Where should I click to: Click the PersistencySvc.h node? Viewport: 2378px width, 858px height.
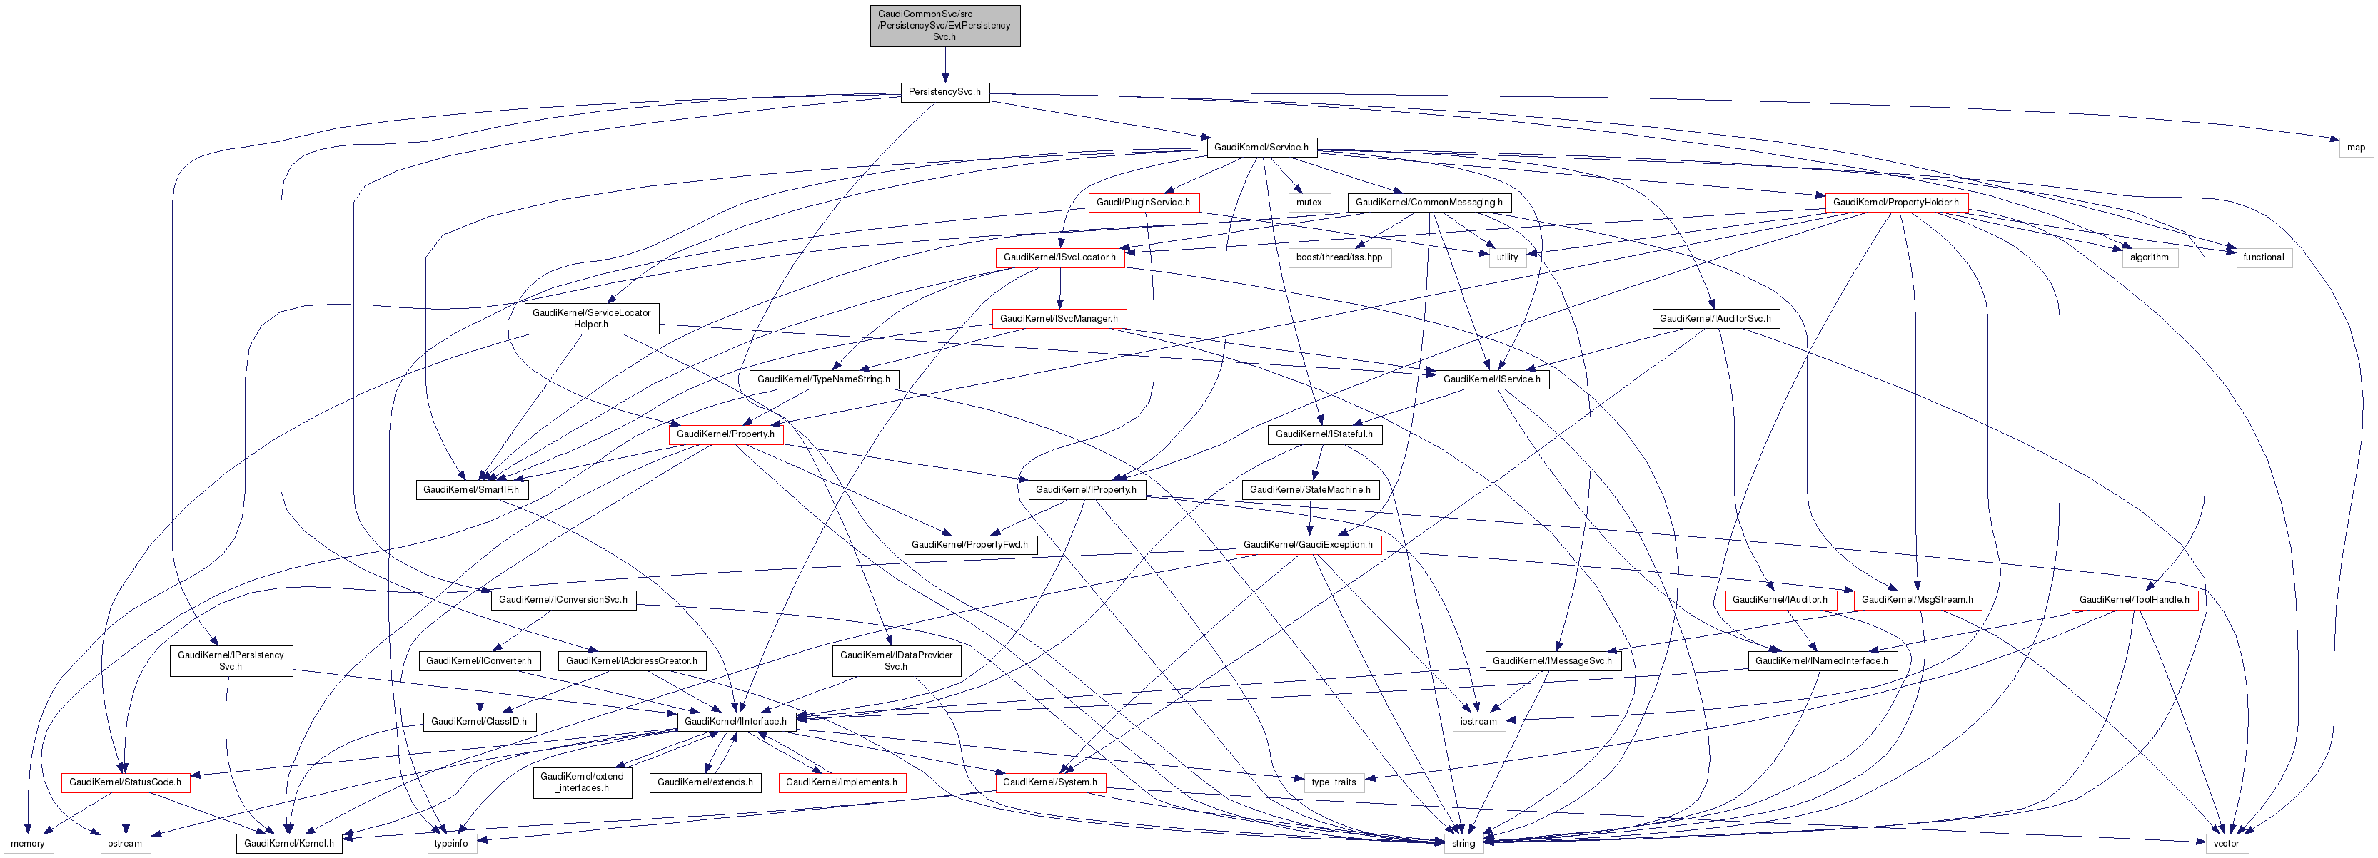(944, 92)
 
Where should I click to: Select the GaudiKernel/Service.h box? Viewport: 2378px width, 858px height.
(1261, 148)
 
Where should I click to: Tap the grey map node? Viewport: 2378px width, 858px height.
(2356, 148)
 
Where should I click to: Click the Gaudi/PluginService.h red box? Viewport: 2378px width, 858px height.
(1143, 202)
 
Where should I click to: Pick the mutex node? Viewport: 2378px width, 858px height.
(1308, 202)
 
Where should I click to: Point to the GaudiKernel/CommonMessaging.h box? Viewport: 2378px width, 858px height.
(1428, 202)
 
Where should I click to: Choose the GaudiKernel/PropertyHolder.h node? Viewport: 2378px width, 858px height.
(1895, 202)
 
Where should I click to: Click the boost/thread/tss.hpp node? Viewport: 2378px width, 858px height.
(1339, 257)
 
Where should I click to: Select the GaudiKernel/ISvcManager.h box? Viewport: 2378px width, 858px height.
(1059, 318)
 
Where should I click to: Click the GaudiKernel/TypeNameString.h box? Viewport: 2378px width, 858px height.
(823, 379)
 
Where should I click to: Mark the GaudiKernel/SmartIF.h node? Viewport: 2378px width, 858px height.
(470, 490)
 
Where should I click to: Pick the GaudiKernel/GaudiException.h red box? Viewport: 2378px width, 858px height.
(1307, 544)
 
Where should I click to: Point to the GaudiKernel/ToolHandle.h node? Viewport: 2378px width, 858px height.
(2133, 600)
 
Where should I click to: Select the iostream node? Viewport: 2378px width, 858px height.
(1478, 722)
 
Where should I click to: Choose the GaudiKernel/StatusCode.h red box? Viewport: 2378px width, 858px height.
(126, 782)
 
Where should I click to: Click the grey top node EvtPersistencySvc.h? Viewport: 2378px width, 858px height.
(944, 26)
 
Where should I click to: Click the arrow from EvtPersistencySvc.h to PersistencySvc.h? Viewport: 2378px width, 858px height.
(944, 66)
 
